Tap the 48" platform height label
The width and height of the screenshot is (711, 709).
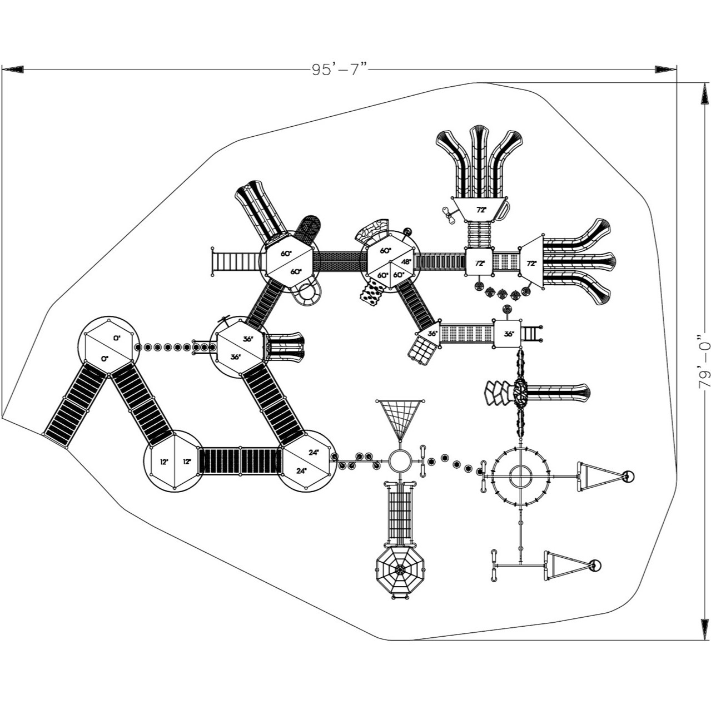click(x=406, y=262)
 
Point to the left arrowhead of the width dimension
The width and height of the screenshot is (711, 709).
click(x=12, y=69)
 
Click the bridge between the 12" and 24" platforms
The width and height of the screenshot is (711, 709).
click(x=240, y=461)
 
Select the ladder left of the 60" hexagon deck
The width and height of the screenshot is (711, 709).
click(x=226, y=261)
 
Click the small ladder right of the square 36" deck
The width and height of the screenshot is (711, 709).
click(x=531, y=334)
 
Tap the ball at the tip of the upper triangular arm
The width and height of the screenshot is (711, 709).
click(x=628, y=477)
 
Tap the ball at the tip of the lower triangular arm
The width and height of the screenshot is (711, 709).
click(x=595, y=566)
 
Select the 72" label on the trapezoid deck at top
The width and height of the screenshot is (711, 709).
click(x=480, y=210)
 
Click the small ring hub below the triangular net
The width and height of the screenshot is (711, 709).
click(x=400, y=461)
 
